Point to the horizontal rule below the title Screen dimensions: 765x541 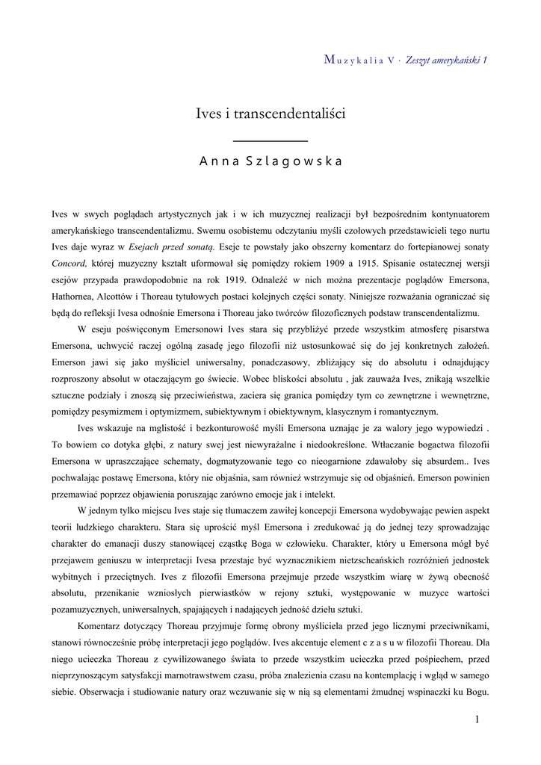(270, 140)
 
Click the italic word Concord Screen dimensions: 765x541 (70, 263)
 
